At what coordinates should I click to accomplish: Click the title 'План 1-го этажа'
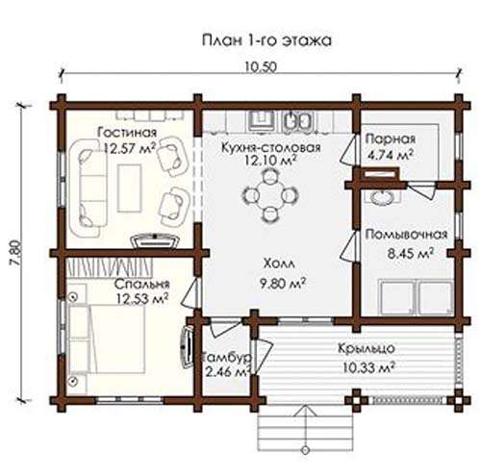(x=266, y=40)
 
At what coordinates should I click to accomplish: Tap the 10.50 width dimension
(x=261, y=67)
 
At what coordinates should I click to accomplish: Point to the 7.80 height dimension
(x=16, y=252)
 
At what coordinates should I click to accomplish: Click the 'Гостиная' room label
(x=127, y=132)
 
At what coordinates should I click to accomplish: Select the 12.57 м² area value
(x=130, y=148)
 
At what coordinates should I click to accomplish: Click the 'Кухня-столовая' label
(x=271, y=147)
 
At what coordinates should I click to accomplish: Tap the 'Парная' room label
(x=391, y=139)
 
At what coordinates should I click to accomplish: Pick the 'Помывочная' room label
(x=406, y=235)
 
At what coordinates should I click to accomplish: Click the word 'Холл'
(x=279, y=264)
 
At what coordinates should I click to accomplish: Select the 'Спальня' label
(x=142, y=284)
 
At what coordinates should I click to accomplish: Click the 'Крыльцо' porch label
(x=367, y=348)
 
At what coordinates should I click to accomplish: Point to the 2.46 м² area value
(x=227, y=371)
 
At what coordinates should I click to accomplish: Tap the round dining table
(x=270, y=195)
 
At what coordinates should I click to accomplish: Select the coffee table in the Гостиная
(x=130, y=188)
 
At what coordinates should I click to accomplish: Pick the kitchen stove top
(x=262, y=121)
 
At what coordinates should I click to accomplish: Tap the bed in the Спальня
(x=107, y=339)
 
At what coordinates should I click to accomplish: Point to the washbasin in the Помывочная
(x=382, y=197)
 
